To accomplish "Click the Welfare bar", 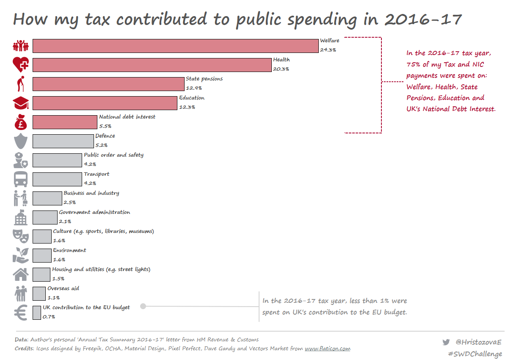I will (x=175, y=46).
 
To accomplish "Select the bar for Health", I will (x=152, y=65).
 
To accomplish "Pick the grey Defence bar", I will (x=63, y=141).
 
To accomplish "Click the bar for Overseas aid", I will (x=39, y=294).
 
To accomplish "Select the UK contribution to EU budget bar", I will (x=36, y=313).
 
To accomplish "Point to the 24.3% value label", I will (x=328, y=50).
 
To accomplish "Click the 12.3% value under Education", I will (x=187, y=107).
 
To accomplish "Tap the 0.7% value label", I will (x=49, y=316).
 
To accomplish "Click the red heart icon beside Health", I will (x=21, y=64).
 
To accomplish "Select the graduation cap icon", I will (x=21, y=103).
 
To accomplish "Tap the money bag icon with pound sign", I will (x=21, y=122).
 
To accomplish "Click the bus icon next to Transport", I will (x=21, y=179).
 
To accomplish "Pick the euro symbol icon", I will (x=21, y=313).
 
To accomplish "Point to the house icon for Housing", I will (x=21, y=274).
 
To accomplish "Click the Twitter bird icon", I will (x=446, y=342).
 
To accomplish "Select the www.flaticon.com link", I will (x=327, y=349).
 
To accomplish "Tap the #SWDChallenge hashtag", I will (x=475, y=354).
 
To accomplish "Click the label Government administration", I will (x=94, y=212).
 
